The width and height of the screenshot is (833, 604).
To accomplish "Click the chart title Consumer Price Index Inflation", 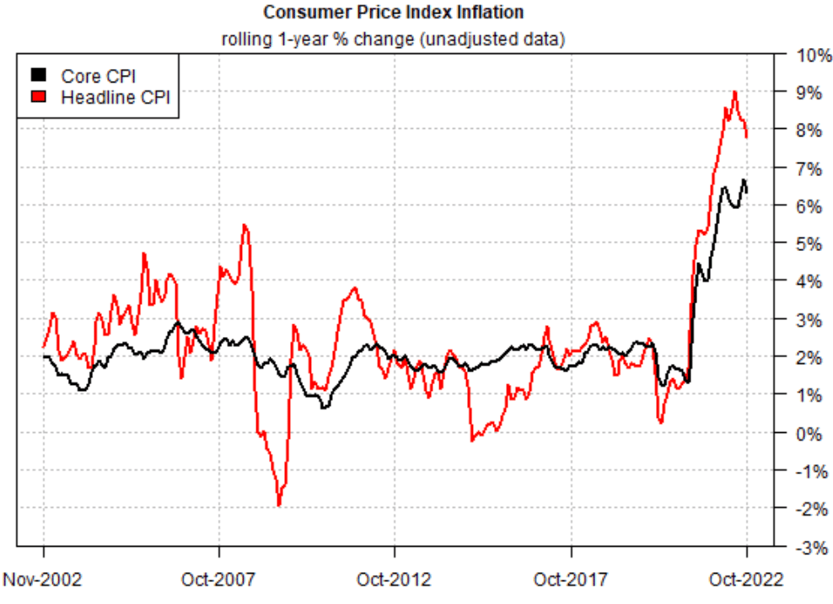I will [393, 13].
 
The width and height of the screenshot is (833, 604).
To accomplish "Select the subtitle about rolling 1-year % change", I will [393, 38].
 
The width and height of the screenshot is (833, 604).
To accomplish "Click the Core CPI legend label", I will [98, 76].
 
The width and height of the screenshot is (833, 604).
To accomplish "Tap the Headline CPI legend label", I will [116, 97].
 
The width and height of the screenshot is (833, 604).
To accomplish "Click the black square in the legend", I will [39, 76].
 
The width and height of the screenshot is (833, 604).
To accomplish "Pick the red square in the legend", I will [39, 97].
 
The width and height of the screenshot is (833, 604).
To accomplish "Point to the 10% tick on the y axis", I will [809, 55].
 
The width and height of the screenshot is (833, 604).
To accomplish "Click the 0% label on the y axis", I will [809, 433].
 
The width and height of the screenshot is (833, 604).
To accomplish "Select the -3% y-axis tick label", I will [809, 547].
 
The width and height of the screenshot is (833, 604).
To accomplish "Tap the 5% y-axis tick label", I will [809, 244].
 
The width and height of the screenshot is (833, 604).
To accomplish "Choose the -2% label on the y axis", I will [809, 509].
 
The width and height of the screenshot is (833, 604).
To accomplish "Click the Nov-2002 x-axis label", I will [43, 580].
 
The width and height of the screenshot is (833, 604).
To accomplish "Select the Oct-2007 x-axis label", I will [219, 580].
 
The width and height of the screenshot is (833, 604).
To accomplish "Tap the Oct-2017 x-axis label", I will [571, 580].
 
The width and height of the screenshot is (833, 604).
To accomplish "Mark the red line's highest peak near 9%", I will [734, 92].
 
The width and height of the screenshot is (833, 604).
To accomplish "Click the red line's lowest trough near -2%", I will [279, 505].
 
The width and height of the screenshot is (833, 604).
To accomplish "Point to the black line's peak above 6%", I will [743, 180].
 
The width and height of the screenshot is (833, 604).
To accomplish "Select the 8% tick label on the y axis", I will [809, 131].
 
